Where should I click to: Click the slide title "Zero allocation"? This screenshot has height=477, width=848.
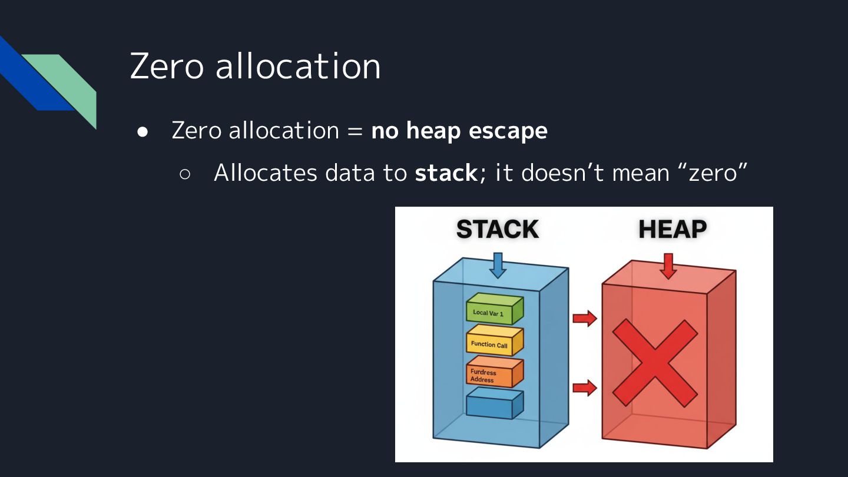tap(255, 66)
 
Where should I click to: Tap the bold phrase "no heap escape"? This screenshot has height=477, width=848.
tap(459, 131)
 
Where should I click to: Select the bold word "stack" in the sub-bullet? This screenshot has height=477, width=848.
tap(446, 173)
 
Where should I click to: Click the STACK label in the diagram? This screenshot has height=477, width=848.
tap(497, 229)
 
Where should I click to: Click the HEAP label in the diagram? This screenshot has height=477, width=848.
tap(673, 229)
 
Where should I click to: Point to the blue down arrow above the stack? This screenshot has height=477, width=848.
tap(498, 264)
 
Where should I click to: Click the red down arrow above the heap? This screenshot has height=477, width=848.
tap(668, 265)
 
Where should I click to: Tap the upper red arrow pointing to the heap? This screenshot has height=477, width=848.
tap(584, 319)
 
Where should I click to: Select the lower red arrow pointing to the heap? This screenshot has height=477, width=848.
tap(584, 387)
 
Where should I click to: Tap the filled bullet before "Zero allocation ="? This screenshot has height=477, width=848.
tap(142, 131)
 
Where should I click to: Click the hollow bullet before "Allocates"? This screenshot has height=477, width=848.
tap(184, 174)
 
